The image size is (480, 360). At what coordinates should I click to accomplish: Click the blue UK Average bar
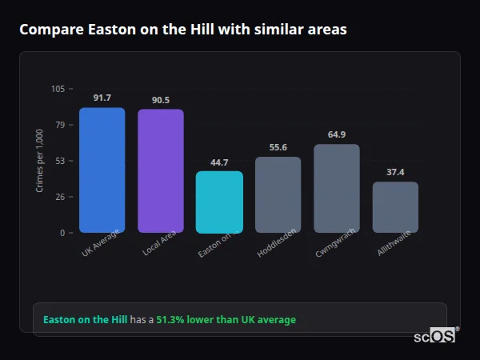click(102, 170)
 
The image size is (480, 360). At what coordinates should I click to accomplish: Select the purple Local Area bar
click(160, 171)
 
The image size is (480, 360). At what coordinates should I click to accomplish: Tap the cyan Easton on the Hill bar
click(219, 202)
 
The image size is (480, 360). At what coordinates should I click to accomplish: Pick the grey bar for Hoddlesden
click(278, 194)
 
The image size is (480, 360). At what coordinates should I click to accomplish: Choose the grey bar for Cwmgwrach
click(337, 188)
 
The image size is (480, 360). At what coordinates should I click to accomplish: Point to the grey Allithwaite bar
click(395, 207)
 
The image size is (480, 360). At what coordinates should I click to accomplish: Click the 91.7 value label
click(102, 98)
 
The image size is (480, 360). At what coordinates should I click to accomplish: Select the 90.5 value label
click(160, 100)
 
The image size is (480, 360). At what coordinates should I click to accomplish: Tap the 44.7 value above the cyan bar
click(219, 162)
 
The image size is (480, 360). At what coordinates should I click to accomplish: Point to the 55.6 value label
click(278, 147)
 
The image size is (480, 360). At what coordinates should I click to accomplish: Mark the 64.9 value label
click(337, 134)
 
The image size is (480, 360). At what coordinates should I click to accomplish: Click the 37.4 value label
click(395, 172)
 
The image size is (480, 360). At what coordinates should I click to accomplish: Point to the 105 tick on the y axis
click(58, 89)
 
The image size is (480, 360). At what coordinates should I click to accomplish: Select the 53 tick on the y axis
click(60, 161)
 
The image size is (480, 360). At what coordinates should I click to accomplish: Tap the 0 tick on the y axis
click(62, 233)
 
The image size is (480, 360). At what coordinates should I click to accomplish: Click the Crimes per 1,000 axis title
click(40, 161)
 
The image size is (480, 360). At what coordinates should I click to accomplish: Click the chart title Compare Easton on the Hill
click(183, 30)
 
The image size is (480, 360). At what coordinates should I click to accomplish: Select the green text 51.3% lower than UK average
click(226, 319)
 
